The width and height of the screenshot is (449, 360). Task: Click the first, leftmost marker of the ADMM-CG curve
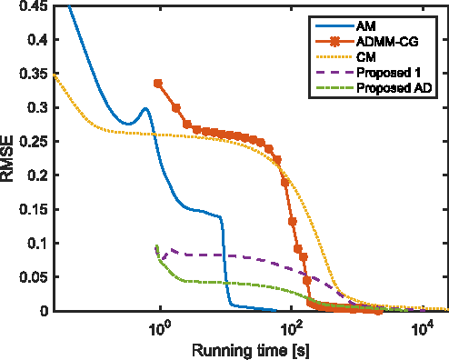159,83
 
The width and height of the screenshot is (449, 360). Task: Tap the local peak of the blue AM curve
145,109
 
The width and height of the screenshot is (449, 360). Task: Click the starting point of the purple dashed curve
156,245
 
